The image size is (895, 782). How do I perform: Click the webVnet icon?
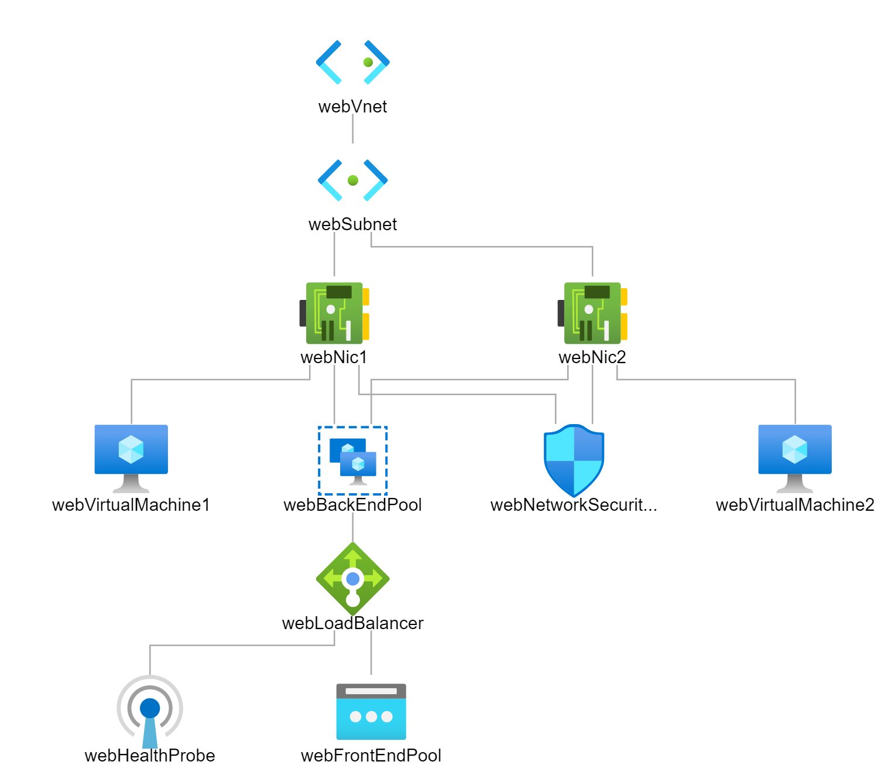click(352, 62)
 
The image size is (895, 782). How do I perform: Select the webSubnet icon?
click(352, 180)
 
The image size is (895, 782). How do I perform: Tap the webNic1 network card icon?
click(334, 313)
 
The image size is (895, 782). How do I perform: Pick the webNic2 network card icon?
click(592, 313)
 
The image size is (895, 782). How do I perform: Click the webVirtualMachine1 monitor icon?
click(131, 458)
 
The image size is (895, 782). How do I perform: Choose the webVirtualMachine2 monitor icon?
click(795, 458)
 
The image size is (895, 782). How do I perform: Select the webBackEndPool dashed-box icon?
click(352, 460)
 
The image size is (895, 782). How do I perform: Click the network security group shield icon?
click(574, 460)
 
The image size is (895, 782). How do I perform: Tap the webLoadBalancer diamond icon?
click(352, 579)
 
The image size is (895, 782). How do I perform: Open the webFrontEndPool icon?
click(371, 712)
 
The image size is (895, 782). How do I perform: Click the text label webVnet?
click(352, 107)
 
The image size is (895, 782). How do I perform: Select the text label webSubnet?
click(352, 224)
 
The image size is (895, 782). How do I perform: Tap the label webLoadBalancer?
click(352, 623)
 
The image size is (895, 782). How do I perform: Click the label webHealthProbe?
click(150, 756)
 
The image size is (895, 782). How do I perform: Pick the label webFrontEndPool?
click(371, 756)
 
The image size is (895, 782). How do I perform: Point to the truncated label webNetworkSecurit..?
click(574, 505)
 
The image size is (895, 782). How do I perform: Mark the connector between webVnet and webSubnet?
click(352, 129)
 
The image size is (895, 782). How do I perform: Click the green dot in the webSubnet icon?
click(352, 180)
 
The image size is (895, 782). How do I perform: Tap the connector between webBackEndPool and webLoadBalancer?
click(352, 527)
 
